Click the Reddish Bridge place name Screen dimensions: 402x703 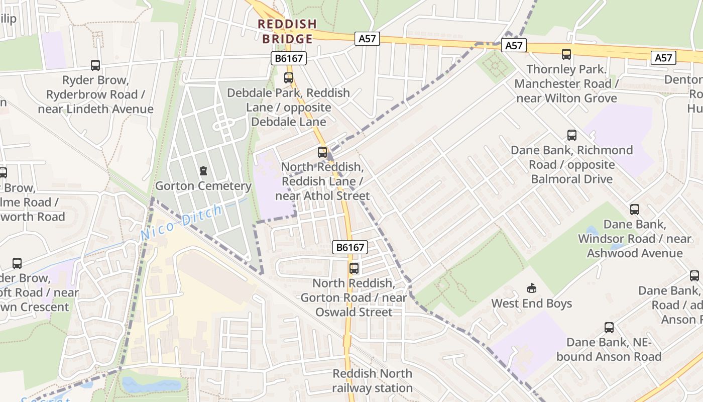[287, 31]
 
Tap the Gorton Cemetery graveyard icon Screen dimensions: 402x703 [203, 171]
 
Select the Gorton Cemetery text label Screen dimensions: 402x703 [203, 186]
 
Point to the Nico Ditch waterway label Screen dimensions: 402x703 [181, 222]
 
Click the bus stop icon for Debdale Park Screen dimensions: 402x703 [289, 78]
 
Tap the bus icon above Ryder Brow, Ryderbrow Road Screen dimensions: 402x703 [95, 65]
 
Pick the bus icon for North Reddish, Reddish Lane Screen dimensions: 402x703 [322, 152]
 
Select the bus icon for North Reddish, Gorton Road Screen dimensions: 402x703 [354, 268]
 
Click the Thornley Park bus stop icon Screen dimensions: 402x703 [566, 54]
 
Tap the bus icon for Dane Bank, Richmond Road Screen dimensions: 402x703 [572, 135]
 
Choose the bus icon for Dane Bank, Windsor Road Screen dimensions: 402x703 [635, 210]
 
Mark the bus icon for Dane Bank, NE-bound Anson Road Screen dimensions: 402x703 [609, 328]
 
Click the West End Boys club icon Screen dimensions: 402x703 [532, 288]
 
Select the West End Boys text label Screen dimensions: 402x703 [532, 304]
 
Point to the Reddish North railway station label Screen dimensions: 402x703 [373, 381]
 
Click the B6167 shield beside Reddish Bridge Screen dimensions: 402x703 [289, 58]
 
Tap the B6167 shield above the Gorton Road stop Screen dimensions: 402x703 [350, 247]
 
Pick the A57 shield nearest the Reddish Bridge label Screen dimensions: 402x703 [367, 39]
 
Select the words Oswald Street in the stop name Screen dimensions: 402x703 [354, 312]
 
